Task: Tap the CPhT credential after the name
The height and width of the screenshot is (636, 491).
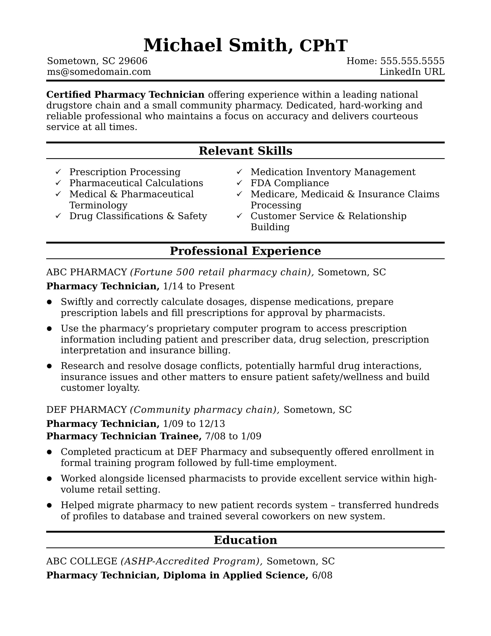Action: click(323, 46)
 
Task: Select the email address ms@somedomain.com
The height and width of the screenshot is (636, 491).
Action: click(99, 72)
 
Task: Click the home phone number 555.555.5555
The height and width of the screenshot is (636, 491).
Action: click(412, 61)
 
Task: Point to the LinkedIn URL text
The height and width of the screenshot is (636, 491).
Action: click(412, 72)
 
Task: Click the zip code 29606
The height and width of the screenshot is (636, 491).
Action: click(133, 61)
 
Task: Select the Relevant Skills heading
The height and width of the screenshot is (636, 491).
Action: click(245, 151)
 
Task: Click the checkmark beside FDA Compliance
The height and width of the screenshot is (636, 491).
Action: click(239, 183)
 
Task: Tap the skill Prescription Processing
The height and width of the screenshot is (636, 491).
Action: click(125, 172)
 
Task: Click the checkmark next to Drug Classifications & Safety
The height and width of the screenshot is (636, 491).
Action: click(58, 215)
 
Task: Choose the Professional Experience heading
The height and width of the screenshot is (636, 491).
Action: click(245, 251)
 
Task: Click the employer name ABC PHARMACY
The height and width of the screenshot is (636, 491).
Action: click(87, 272)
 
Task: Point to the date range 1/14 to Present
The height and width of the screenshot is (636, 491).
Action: click(198, 286)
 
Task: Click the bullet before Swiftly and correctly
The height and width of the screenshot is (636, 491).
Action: click(49, 302)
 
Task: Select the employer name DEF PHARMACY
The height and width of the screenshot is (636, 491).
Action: click(87, 410)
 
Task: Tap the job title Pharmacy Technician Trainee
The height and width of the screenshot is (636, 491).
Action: click(124, 436)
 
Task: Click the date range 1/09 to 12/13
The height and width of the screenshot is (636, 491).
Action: click(194, 424)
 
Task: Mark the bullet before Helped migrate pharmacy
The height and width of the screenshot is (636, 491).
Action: click(49, 505)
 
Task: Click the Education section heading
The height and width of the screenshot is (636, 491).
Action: click(245, 540)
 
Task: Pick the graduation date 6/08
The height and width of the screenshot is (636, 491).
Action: click(322, 575)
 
